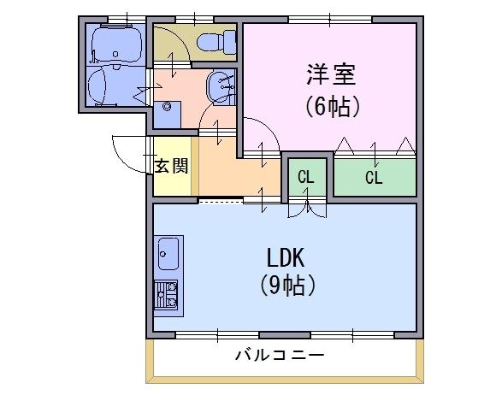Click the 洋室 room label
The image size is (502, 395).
[x=331, y=74]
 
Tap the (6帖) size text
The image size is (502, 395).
[x=333, y=107]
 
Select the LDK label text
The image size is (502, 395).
[x=286, y=257]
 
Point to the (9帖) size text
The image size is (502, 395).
[x=287, y=286]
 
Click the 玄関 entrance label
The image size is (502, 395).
[x=171, y=166]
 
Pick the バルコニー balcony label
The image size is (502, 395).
[x=280, y=356]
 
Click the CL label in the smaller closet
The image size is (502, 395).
[x=306, y=177]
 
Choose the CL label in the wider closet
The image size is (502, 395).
[x=374, y=177]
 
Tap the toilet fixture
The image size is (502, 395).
[x=216, y=42]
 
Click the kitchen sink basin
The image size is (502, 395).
[x=168, y=254]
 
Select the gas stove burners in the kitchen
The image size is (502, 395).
[x=166, y=294]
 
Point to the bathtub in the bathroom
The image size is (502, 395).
[x=116, y=44]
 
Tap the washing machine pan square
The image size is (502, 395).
[x=167, y=115]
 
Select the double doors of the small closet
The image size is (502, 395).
[x=307, y=210]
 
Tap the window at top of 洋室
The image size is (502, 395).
[x=330, y=20]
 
